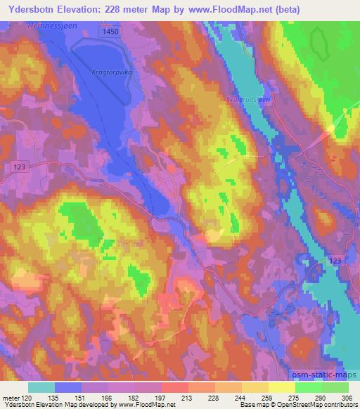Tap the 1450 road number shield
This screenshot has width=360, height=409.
[x=109, y=32]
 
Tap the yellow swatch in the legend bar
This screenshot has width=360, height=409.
[x=281, y=387]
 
